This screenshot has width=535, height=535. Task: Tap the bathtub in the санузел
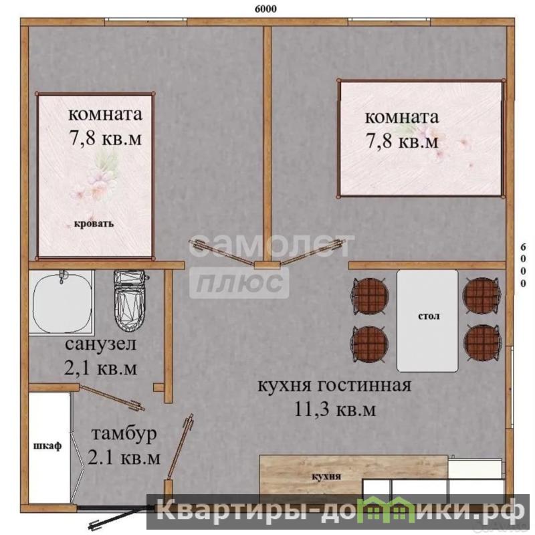[x=62, y=302]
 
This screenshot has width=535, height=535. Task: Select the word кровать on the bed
[x=94, y=224]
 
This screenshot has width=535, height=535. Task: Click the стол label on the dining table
[x=429, y=316]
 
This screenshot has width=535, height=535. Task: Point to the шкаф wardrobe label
[x=47, y=446]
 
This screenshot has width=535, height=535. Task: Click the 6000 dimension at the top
[x=265, y=9]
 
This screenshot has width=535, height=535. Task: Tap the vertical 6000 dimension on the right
[x=523, y=265]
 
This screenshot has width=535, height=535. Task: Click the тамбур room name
[x=124, y=433]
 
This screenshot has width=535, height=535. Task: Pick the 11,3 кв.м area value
[x=335, y=409]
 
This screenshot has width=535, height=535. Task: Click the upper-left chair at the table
[x=370, y=296]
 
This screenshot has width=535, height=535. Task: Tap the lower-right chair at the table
[x=482, y=342]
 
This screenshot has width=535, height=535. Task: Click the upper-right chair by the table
[x=482, y=296]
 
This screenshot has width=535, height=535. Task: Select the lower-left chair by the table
[x=370, y=344]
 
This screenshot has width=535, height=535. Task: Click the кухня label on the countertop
[x=326, y=476]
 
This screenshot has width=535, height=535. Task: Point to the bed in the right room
[x=421, y=138]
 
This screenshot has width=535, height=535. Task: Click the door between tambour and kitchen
[x=180, y=447]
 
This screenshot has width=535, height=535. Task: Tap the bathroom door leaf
[x=111, y=398]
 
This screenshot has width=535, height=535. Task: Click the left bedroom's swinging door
[x=222, y=253]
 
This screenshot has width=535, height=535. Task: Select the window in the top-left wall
[x=146, y=21]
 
